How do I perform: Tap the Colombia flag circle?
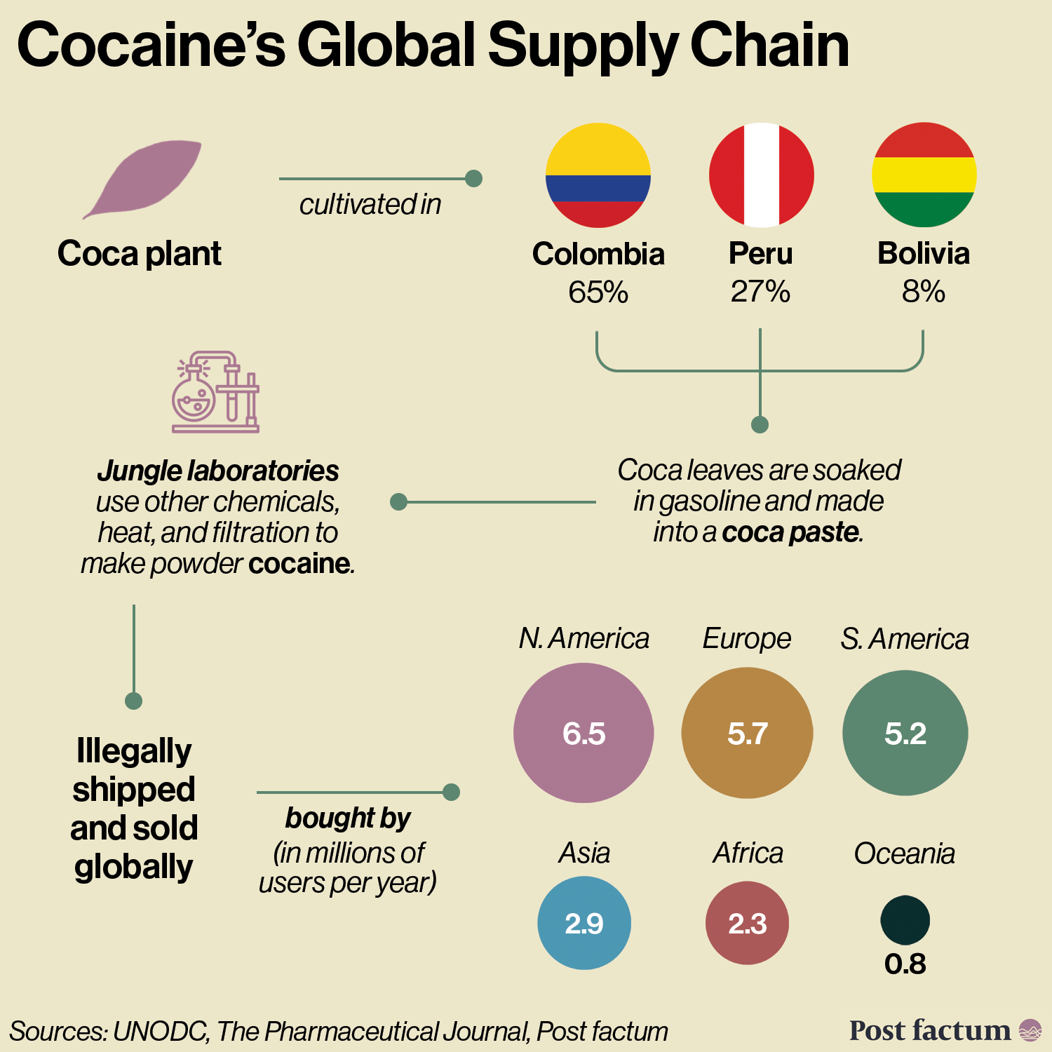tap(598, 175)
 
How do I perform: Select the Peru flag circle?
tap(761, 175)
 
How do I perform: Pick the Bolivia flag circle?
tap(924, 175)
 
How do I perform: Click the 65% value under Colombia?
tap(598, 292)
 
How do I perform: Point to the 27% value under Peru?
tap(761, 292)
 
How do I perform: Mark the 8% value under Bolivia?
tap(924, 292)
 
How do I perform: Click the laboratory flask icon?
tap(215, 392)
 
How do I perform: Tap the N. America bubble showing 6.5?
tap(584, 733)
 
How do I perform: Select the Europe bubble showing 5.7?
tap(747, 733)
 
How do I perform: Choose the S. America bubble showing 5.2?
tap(905, 733)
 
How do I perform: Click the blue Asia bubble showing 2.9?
tap(584, 923)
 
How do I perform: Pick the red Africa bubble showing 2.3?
tap(747, 923)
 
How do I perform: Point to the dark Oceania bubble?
tap(905, 919)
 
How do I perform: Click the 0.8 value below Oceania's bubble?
tap(905, 964)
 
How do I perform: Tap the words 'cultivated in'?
tap(370, 205)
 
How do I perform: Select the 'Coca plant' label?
tap(140, 253)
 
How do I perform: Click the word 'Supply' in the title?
tap(582, 46)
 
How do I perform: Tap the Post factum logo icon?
tap(1030, 1030)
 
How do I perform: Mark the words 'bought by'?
tap(348, 818)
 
